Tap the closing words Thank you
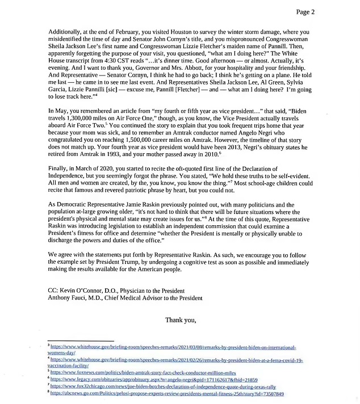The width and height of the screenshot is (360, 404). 181,320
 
